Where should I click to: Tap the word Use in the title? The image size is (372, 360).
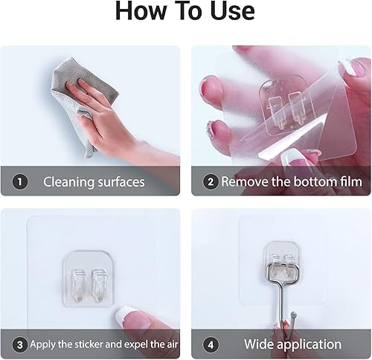(231, 11)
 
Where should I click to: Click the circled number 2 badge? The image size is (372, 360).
(211, 181)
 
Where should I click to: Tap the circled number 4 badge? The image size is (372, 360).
(211, 344)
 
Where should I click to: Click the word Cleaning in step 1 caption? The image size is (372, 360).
(68, 181)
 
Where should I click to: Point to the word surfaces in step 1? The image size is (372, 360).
(120, 181)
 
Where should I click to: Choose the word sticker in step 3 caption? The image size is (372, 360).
(94, 345)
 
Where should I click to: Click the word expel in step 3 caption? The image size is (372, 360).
(145, 345)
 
